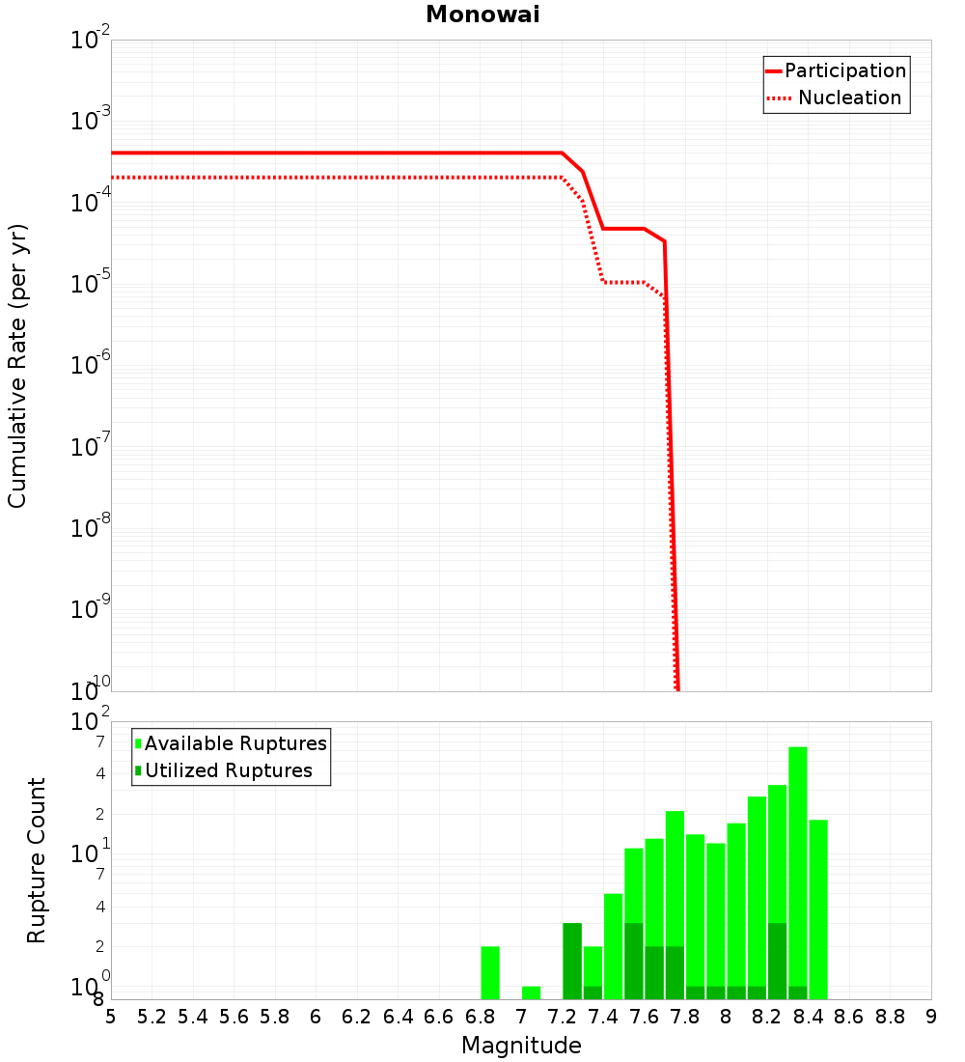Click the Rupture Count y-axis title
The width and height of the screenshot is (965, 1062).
click(37, 860)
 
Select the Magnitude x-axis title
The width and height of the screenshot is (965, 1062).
click(521, 1046)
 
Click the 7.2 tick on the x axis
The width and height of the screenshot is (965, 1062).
click(562, 1017)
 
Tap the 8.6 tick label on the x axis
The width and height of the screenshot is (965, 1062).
click(849, 1017)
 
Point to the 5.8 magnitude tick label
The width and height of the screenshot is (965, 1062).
click(275, 1017)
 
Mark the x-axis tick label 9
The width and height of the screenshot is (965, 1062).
click(931, 1017)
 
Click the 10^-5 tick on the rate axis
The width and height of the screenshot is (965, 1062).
click(91, 283)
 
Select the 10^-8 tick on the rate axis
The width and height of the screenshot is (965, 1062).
click(91, 527)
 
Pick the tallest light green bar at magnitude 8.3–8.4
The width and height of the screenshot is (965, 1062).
click(797, 873)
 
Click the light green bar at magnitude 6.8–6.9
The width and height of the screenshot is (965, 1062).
click(490, 972)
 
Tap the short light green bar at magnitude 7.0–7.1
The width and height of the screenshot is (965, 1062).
click(531, 992)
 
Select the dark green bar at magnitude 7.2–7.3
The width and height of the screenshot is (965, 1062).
click(572, 961)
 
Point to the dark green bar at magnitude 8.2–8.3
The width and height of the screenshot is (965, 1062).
click(777, 961)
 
